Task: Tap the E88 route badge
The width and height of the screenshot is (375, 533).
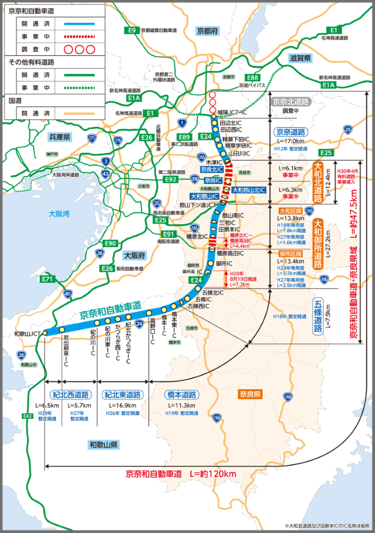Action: coord(253,78)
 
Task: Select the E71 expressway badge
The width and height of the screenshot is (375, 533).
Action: coord(47,279)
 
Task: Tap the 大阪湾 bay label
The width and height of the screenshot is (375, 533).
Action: coord(59,213)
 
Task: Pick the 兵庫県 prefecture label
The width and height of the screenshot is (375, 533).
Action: coord(59,137)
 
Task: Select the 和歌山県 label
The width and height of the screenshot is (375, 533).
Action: coord(104,445)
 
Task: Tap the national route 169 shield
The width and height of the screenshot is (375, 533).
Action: coord(288,397)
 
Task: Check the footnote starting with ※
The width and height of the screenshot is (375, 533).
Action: coord(327,525)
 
